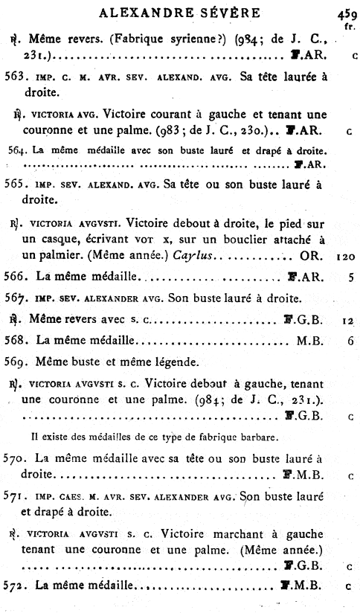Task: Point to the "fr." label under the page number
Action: coord(348,26)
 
